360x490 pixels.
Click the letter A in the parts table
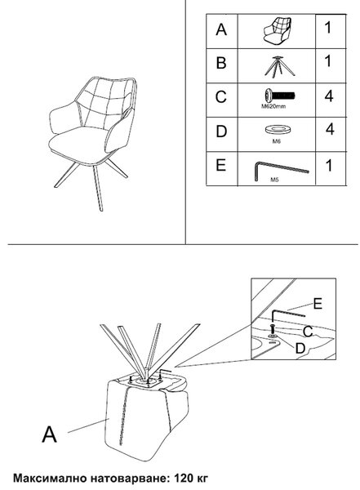(x=221, y=29)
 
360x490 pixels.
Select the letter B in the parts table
(x=221, y=63)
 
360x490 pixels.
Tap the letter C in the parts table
(x=220, y=97)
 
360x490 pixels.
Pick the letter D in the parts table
(x=221, y=131)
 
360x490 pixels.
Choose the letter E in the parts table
(x=220, y=165)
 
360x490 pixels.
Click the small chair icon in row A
(x=278, y=32)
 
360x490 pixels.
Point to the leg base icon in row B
(x=280, y=66)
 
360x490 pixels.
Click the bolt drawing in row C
(x=280, y=95)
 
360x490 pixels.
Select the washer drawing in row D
(x=278, y=129)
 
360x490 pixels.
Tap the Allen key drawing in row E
(x=282, y=171)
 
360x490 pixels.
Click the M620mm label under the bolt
(x=273, y=106)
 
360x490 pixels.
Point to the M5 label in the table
(x=274, y=180)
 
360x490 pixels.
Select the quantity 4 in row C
(x=329, y=96)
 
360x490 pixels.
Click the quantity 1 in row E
(x=329, y=165)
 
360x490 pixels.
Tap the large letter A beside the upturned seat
(x=49, y=434)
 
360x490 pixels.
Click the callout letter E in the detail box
(x=318, y=304)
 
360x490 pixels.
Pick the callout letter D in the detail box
(x=300, y=348)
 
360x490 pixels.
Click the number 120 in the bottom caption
(x=184, y=478)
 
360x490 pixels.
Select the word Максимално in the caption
(x=50, y=479)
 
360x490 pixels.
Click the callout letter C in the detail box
(x=308, y=332)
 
